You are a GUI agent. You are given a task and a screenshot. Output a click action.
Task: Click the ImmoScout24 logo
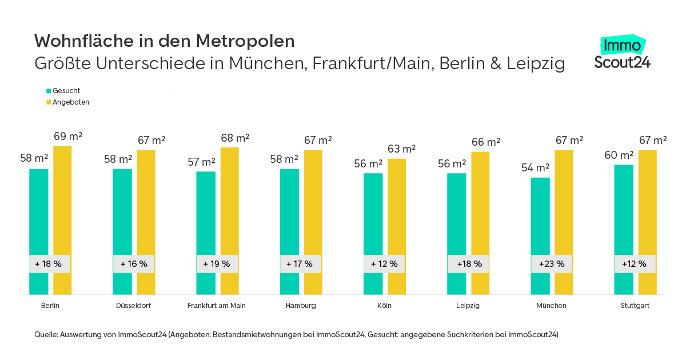click(x=622, y=53)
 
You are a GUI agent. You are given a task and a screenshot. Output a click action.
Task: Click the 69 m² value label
click(x=68, y=137)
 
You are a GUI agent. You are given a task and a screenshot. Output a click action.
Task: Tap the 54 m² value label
click(x=535, y=168)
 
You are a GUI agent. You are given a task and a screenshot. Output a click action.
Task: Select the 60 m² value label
click(x=619, y=155)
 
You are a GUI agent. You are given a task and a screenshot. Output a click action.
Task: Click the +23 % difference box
click(x=551, y=264)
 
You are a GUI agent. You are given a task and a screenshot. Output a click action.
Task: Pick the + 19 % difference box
click(x=217, y=264)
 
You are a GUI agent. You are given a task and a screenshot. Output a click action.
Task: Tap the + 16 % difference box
click(x=133, y=264)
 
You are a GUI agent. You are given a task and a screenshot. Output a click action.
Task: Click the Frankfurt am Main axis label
click(x=217, y=306)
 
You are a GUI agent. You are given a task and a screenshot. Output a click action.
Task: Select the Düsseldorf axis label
click(x=133, y=306)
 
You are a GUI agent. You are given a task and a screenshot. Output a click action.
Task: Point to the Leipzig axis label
click(x=468, y=306)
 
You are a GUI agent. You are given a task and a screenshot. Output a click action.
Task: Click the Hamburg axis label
click(x=301, y=306)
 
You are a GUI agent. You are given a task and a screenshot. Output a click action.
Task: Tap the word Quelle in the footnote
click(x=46, y=335)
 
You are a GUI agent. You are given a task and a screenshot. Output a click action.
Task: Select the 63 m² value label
click(x=402, y=149)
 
